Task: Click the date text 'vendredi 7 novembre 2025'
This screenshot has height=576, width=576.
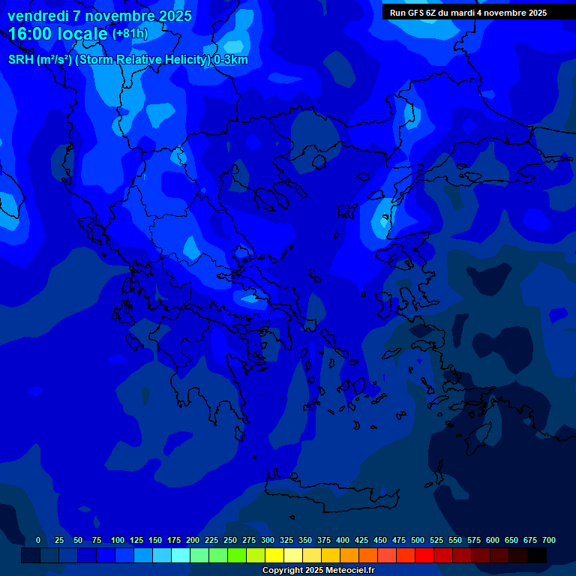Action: click(x=100, y=16)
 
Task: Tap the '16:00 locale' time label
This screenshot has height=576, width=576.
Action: click(x=58, y=33)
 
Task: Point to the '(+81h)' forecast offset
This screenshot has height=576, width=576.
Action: click(x=130, y=34)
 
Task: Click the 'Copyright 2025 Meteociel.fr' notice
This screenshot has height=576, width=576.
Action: click(x=318, y=570)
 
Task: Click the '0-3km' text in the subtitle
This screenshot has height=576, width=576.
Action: click(x=230, y=60)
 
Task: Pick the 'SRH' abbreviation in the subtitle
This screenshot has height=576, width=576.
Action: click(x=21, y=60)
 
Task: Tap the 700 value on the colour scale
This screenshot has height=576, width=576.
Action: click(x=548, y=540)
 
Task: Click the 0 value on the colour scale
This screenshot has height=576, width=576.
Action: click(x=38, y=540)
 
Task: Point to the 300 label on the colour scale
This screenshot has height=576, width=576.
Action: click(x=268, y=540)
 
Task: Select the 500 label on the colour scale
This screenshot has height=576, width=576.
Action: click(x=418, y=540)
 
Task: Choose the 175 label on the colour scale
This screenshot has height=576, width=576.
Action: click(x=174, y=540)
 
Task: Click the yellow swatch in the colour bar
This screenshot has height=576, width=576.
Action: click(x=274, y=556)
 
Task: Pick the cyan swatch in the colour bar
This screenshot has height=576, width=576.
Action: click(x=181, y=556)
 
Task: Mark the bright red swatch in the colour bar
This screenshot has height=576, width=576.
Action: click(x=424, y=556)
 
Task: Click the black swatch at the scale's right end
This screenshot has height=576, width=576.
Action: click(x=537, y=556)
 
